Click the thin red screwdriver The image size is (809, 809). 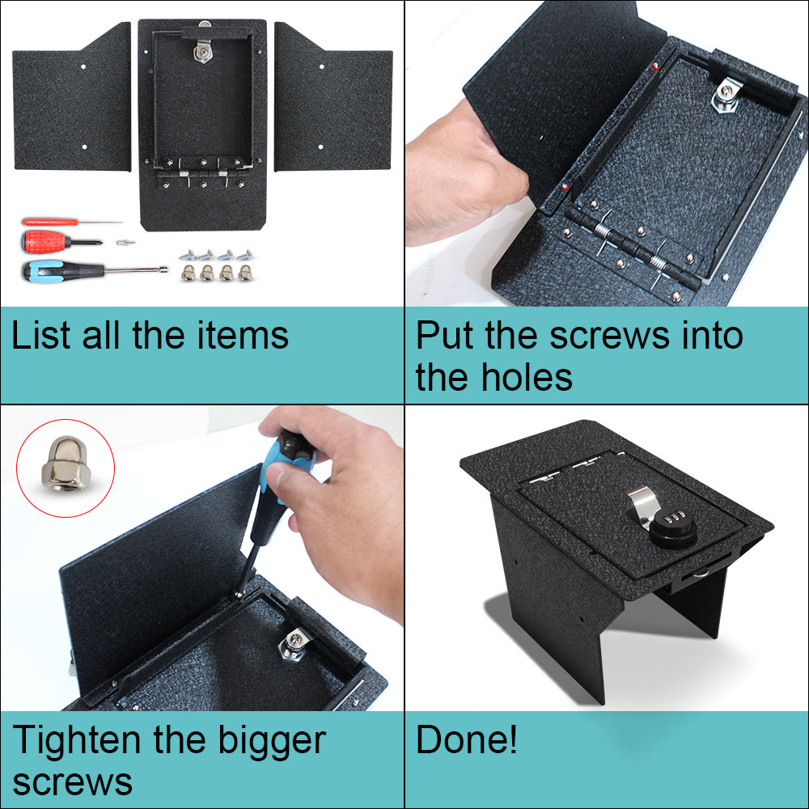tap(57, 221)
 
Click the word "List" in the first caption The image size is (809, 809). tap(39, 336)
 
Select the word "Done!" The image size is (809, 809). tap(467, 740)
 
